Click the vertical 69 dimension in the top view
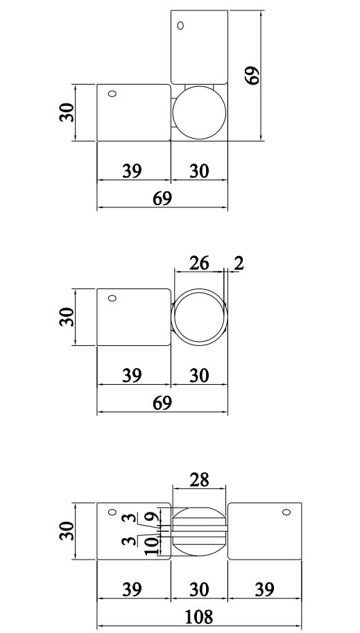252,75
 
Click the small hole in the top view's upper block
180,26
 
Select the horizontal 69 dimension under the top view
162,198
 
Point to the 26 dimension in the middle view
198,263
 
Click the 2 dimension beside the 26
239,263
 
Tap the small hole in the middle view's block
112,298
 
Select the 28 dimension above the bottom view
198,480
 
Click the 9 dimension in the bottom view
150,518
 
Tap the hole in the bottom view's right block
285,513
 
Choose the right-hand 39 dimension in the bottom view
264,589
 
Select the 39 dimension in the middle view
132,375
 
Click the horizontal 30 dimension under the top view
198,171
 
